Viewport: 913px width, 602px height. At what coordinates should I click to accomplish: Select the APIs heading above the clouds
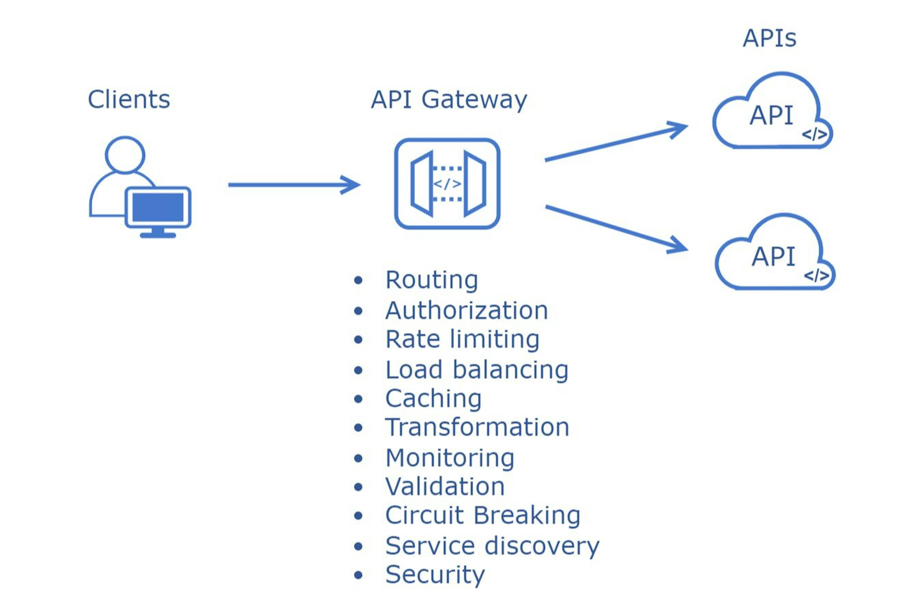[769, 38]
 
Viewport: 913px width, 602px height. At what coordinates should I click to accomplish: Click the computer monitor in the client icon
[158, 207]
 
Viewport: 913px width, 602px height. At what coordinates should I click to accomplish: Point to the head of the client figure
[125, 155]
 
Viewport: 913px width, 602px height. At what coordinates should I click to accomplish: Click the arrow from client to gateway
[294, 185]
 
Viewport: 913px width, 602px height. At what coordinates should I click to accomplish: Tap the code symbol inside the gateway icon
[447, 184]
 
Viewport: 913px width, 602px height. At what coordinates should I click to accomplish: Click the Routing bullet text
[432, 280]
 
